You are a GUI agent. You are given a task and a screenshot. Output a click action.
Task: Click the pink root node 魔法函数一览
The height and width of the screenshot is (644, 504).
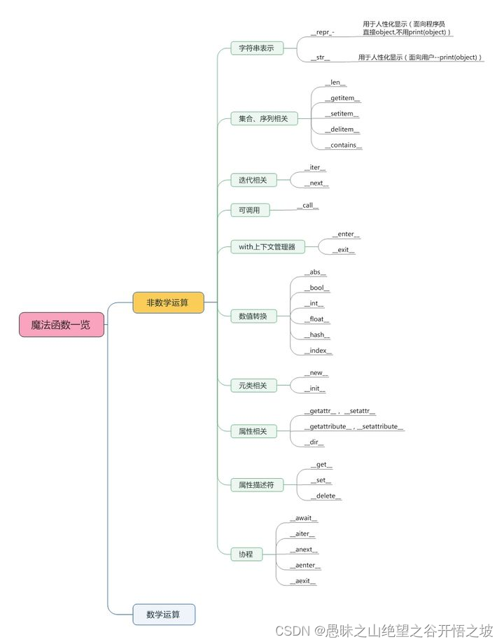tap(62, 325)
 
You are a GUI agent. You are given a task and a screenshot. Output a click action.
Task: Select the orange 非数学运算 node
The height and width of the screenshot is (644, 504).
tap(168, 302)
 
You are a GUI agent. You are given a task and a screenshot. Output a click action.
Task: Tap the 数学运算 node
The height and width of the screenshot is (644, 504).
tap(164, 614)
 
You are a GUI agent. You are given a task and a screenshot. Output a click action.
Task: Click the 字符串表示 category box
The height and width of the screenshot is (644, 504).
tap(257, 48)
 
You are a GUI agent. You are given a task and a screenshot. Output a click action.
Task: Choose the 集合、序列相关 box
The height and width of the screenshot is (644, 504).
tap(263, 119)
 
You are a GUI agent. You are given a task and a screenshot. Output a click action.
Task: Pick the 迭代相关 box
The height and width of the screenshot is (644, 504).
tap(253, 180)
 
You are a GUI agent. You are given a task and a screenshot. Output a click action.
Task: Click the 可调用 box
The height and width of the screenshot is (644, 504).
tap(249, 210)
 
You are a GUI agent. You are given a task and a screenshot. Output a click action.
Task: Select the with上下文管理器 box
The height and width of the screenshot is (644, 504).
tap(267, 246)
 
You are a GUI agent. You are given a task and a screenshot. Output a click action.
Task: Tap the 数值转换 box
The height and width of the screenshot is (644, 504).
tap(253, 316)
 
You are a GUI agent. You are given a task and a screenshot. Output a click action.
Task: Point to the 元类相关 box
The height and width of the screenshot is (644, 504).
tap(253, 385)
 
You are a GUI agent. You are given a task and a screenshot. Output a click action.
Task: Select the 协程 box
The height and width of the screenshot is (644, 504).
tap(246, 554)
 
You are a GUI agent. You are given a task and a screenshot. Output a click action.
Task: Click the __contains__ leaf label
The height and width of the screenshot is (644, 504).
tap(343, 146)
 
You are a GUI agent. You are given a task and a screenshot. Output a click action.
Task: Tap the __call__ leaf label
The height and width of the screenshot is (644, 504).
tap(307, 206)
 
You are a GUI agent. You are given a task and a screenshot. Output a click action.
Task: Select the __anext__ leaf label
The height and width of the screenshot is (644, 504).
tap(304, 550)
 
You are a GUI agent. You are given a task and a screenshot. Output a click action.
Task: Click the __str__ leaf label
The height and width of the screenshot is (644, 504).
tap(320, 57)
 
